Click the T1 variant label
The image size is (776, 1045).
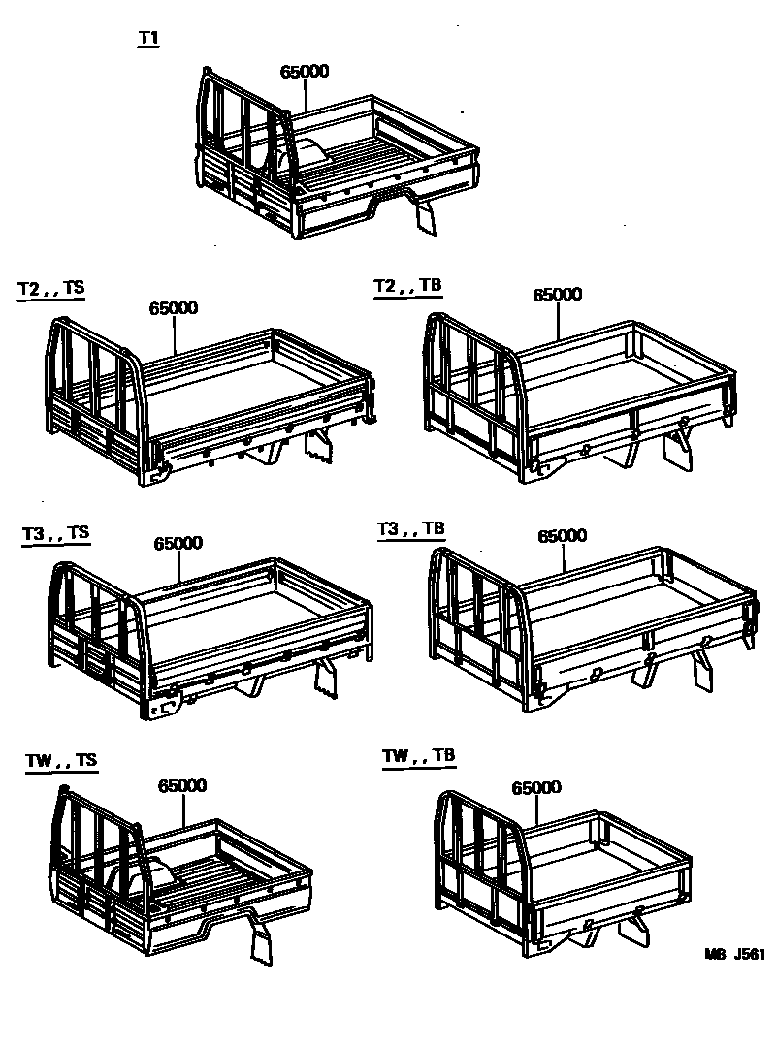pyautogui.click(x=148, y=40)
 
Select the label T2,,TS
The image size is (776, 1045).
pyautogui.click(x=51, y=290)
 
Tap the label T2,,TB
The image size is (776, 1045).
pyautogui.click(x=408, y=286)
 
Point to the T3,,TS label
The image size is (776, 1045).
pyautogui.click(x=55, y=533)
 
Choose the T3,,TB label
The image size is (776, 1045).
pyautogui.click(x=410, y=528)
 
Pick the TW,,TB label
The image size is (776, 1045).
pyautogui.click(x=418, y=756)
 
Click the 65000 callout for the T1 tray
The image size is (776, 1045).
pyautogui.click(x=305, y=72)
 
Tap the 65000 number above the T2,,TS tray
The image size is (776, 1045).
pyautogui.click(x=174, y=308)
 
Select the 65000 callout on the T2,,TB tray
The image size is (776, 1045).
pyautogui.click(x=557, y=295)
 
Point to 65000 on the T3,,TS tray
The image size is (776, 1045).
pyautogui.click(x=178, y=544)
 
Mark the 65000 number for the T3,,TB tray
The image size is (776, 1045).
pyautogui.click(x=562, y=535)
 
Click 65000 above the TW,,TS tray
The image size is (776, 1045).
pyautogui.click(x=182, y=786)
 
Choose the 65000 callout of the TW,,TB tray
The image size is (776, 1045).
pyautogui.click(x=536, y=788)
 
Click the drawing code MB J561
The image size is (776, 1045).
pyautogui.click(x=734, y=953)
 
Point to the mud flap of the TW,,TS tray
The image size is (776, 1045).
pyautogui.click(x=262, y=944)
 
